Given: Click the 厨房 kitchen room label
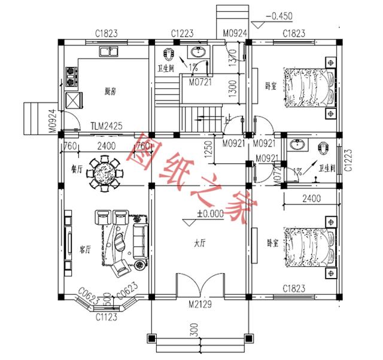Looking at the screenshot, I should coord(110,92).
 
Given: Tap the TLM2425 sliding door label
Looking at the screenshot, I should coord(107,126).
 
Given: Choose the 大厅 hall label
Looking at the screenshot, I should coord(200,243).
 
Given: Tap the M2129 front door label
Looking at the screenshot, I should coord(199,306).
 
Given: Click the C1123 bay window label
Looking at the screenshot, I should coord(107,318).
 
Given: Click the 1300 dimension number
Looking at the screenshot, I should coord(233,90).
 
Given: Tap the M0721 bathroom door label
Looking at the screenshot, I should coord(200,82).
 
